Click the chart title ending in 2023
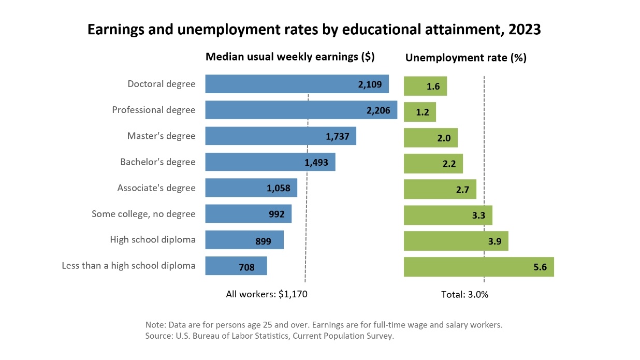[x=314, y=30]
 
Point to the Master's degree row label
[x=162, y=136]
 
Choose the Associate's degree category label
[x=156, y=188]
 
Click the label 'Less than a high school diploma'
[x=128, y=266]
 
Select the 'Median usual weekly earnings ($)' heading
[x=290, y=57]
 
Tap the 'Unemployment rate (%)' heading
[x=466, y=58]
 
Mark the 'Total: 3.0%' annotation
[x=464, y=295]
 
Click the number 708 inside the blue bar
[x=246, y=267]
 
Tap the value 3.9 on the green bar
[x=494, y=241]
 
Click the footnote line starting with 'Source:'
[x=270, y=336]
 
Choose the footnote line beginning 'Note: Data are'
[x=324, y=325]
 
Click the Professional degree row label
[x=154, y=110]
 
